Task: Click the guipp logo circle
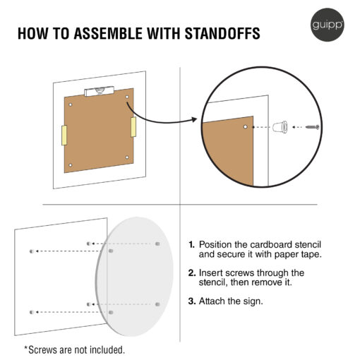pos(328,25)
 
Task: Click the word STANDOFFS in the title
pos(222,33)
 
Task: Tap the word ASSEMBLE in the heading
pos(108,33)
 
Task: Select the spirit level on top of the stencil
pos(100,91)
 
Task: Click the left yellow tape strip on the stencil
pos(64,136)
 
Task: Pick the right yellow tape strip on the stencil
pos(133,127)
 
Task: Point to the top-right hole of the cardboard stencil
pos(127,97)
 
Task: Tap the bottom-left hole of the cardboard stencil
pos(70,165)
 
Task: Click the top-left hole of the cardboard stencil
pos(70,104)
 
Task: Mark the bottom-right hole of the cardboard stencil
pos(127,157)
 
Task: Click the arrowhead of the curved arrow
pos(194,119)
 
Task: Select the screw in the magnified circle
pos(313,127)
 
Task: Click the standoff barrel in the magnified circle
pos(280,127)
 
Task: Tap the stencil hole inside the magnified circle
pos(245,127)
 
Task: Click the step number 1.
pos(191,245)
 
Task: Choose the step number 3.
pos(192,301)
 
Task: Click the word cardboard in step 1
pos(270,245)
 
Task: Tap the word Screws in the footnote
pos(42,350)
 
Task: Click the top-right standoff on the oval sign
pos(157,244)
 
